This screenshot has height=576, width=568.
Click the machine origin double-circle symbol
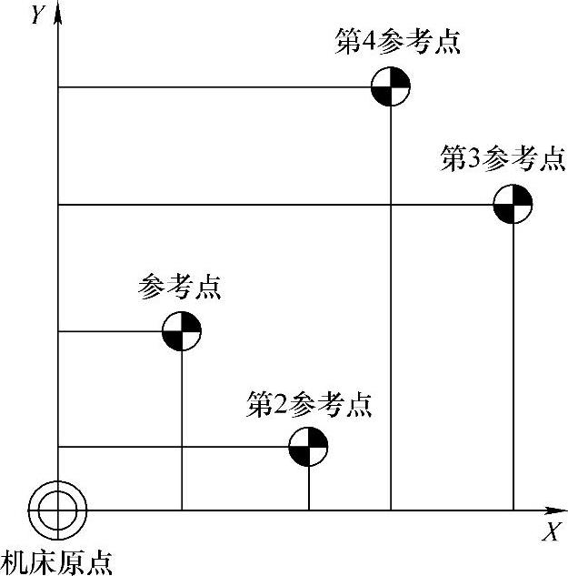coord(57,510)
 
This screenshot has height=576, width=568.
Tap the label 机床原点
coord(58,561)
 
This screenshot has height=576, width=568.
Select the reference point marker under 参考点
coord(182,331)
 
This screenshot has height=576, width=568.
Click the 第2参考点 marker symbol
coord(308,447)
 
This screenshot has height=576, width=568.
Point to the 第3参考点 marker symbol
coord(513,205)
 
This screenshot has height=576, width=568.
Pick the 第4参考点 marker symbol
coord(391,88)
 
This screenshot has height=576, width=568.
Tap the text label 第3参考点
coord(502,159)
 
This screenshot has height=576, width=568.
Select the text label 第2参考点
coord(310,403)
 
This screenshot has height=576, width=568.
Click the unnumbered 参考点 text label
coord(180,288)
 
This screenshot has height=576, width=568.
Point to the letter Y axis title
coord(37,15)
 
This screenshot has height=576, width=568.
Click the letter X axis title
coord(550,533)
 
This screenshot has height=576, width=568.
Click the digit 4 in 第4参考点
coord(371,43)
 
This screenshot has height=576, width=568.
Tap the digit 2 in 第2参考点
coord(283,404)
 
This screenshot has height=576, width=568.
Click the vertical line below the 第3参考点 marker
coord(513,364)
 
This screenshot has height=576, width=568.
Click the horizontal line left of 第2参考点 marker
coord(173,447)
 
